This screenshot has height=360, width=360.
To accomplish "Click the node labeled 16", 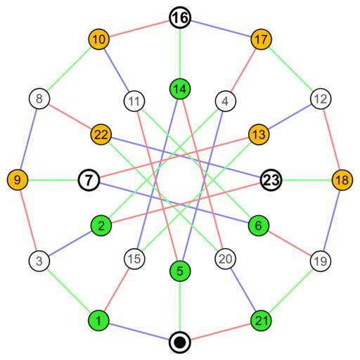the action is coord(180,18).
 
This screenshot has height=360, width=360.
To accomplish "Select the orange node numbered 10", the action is coord(98,39).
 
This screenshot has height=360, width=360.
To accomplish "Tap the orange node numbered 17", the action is coord(261,39).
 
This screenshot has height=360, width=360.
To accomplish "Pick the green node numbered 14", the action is coord(180,89).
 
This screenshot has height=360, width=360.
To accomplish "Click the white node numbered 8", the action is coord(39,98).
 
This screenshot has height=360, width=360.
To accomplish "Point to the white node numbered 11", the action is coord(134,101).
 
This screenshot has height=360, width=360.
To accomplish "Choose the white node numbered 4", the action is coord(225,101).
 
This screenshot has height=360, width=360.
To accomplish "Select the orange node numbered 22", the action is coord(101,134).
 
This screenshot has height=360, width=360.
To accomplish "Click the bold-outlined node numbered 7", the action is coord(89,180).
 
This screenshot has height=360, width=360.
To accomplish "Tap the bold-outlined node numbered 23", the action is coord(271,180).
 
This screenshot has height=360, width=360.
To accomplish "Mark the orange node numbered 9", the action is coord(18,180).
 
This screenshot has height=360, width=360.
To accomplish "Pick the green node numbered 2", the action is coord(101,226).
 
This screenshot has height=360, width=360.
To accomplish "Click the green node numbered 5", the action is coord(180,271).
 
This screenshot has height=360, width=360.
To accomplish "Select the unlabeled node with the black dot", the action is coord(180,342).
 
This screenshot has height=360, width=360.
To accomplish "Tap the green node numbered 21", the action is coord(261,321).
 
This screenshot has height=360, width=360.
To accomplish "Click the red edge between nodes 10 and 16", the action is coord(139,28).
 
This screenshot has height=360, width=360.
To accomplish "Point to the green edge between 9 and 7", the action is coord(53,180).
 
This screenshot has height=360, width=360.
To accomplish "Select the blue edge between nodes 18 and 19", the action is coord(331,220).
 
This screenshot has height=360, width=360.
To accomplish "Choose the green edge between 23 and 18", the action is coord(307,180).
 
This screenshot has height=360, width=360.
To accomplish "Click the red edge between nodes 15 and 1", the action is coord(117,290).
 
